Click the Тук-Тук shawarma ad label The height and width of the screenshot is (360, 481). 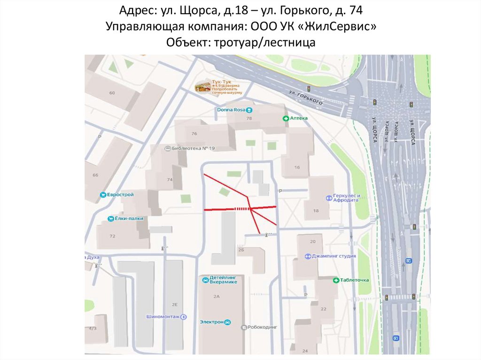coord(218,87)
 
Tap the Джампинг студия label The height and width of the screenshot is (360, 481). coord(330,256)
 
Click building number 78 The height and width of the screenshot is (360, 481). coord(249,118)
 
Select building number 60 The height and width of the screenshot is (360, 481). coord(112,93)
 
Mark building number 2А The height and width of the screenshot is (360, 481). coord(217,296)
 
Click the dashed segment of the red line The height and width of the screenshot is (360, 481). coord(240,208)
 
